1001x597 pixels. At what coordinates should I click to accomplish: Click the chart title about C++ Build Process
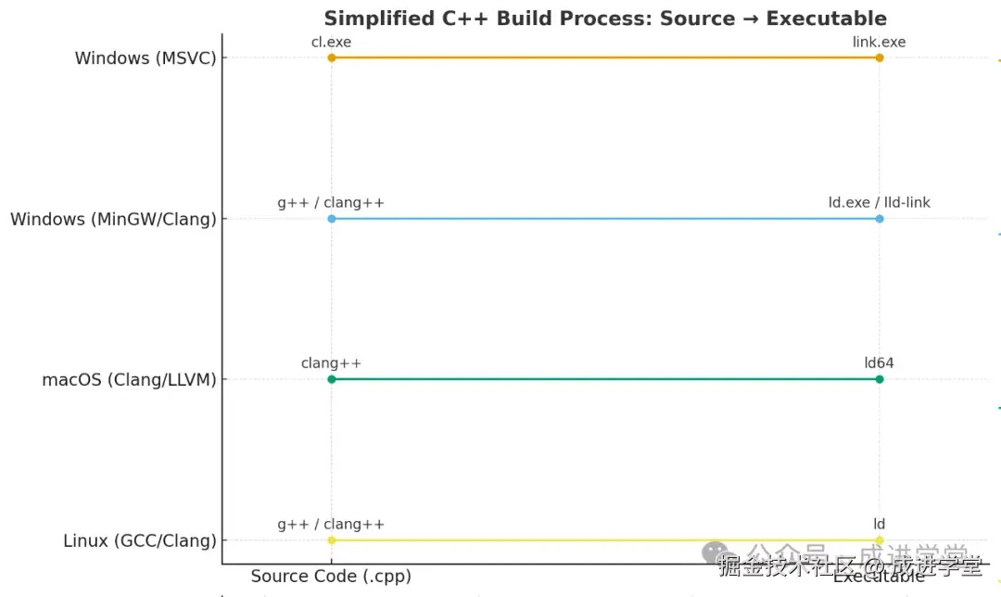coord(604,19)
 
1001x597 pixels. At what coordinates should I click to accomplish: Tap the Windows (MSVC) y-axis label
coord(146,58)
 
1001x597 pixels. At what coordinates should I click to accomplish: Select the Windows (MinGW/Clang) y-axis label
coord(113,220)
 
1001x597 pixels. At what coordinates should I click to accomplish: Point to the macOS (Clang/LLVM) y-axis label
coord(129,380)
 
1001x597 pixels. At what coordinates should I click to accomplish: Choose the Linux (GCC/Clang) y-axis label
coord(140,540)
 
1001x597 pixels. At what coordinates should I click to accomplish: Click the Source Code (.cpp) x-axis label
coord(331,577)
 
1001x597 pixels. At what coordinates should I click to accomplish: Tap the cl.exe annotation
coord(331,42)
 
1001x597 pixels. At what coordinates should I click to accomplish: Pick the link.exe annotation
coord(879,42)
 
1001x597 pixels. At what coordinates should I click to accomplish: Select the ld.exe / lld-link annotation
coord(879,202)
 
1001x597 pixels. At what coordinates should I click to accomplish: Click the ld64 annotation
coord(879,363)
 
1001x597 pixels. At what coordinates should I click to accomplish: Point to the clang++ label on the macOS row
coord(331,363)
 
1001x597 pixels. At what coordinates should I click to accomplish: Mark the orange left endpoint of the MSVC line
coord(331,57)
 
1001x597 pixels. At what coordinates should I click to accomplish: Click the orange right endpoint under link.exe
coord(879,57)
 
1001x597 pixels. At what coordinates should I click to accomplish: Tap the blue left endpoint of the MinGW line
coord(331,219)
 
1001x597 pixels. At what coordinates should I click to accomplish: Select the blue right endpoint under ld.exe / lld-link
coord(879,219)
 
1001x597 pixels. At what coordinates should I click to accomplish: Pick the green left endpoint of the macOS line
coord(331,379)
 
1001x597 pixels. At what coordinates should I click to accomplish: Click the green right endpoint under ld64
coord(879,379)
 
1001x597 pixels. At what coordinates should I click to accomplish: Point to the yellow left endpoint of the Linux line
coord(331,540)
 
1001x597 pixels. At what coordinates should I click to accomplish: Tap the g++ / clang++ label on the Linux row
coord(331,525)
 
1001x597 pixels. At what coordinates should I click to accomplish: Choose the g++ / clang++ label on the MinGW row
coord(331,202)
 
